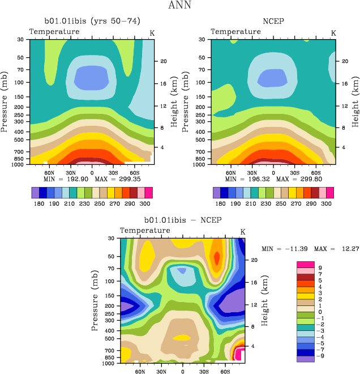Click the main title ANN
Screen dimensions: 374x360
pyautogui.click(x=179, y=6)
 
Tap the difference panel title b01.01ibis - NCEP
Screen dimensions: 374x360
pyautogui.click(x=183, y=220)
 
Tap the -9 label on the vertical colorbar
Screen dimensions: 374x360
pyautogui.click(x=322, y=356)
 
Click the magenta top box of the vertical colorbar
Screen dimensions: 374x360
pyautogui.click(x=306, y=264)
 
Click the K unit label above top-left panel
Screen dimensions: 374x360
pyautogui.click(x=152, y=33)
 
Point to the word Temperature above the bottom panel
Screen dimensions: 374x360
pyautogui.click(x=145, y=231)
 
